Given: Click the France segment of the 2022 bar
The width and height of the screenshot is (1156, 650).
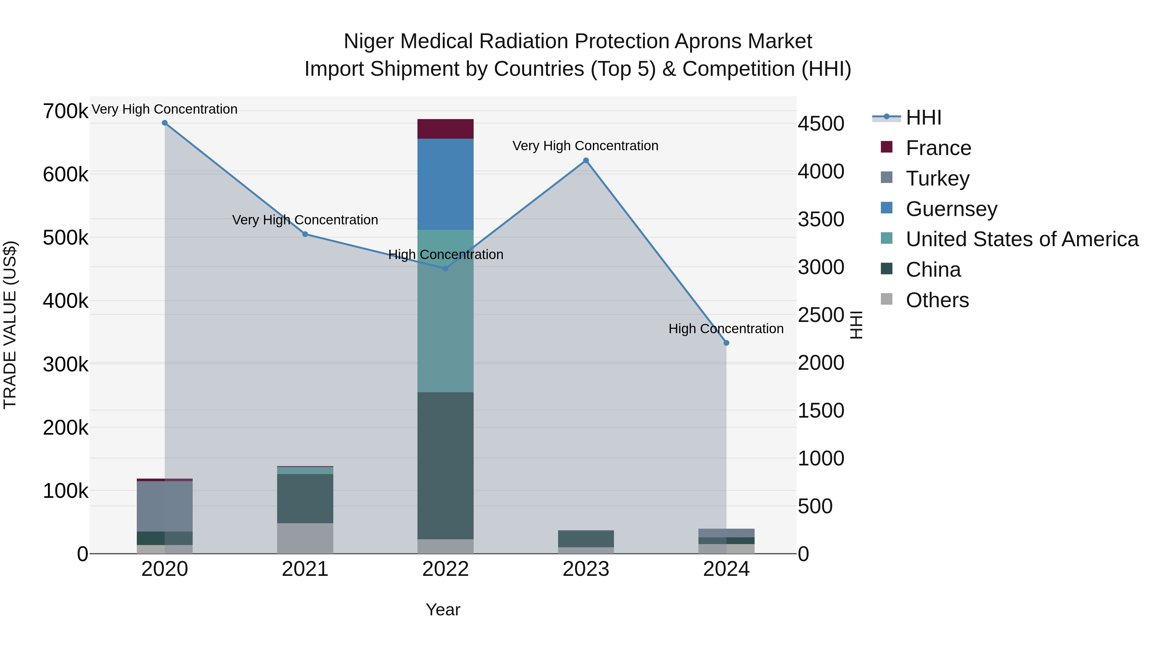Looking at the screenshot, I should click(x=445, y=129).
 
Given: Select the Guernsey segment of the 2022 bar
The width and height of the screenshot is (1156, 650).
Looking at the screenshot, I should click(x=445, y=184).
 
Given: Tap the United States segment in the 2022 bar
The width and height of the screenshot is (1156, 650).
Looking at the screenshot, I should click(x=445, y=310).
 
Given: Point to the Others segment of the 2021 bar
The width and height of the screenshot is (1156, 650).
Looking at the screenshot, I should click(x=305, y=538).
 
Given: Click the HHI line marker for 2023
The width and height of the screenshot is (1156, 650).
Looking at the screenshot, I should click(x=586, y=160).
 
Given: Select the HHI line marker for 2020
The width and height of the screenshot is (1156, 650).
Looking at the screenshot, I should click(x=165, y=123).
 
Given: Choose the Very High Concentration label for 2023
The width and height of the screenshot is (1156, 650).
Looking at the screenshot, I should click(x=585, y=146).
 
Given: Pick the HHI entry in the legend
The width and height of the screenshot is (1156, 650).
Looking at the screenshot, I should click(x=923, y=117).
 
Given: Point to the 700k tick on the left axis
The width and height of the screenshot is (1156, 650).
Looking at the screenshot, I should click(x=66, y=111).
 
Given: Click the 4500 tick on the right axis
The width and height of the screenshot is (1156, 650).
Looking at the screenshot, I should click(x=820, y=124).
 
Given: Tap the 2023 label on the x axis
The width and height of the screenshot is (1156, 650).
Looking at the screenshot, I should click(x=586, y=569).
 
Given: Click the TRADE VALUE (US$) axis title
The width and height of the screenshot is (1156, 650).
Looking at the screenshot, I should click(x=10, y=325).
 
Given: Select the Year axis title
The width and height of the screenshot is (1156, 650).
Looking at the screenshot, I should click(x=442, y=610).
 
